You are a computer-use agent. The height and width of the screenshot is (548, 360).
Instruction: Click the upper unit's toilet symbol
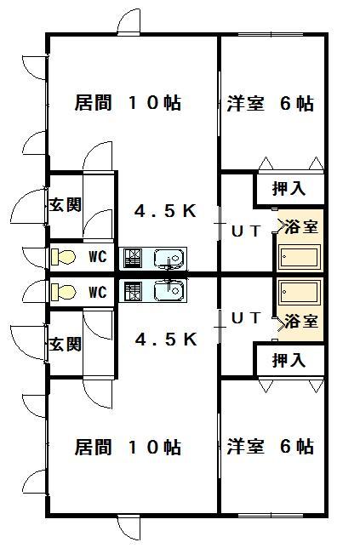pos(63,257)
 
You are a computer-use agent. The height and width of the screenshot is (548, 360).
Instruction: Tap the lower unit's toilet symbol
pos(63,292)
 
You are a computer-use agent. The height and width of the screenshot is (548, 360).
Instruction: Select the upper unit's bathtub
pos(300,257)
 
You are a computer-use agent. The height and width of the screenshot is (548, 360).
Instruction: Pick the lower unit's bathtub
pos(300,292)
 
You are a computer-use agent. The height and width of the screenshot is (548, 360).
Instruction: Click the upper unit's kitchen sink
pos(169,259)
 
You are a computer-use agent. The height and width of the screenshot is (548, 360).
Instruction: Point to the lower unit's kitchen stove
pos(133,292)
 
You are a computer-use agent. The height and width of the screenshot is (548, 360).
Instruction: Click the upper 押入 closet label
pos(289,189)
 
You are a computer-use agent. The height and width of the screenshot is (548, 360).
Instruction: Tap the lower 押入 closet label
pos(289,360)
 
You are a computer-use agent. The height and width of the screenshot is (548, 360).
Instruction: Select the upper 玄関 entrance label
pos(66,204)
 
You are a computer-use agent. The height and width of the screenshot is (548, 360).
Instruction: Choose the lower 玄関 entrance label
pos(66,345)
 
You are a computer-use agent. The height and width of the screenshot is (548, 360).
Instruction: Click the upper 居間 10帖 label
pos(128,103)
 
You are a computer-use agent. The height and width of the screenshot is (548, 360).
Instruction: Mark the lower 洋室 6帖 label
pos(270,446)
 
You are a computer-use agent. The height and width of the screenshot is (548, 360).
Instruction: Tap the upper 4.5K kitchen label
pos(166,211)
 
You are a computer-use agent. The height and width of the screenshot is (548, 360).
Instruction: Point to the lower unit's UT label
pos(247,318)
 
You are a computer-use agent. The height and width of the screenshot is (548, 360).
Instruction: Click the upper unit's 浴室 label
pos(301,226)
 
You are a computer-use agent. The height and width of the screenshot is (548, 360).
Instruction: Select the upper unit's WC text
pos(98,257)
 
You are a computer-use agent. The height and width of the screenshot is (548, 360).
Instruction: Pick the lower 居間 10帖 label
pos(128,447)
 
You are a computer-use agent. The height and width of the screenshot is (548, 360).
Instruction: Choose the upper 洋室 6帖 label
pos(270,104)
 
